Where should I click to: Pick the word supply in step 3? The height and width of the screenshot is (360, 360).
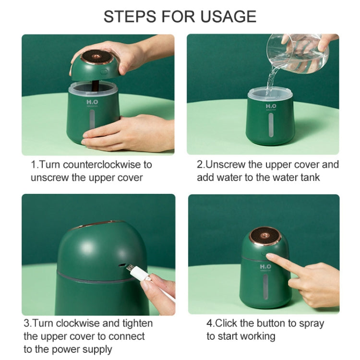point(95,349)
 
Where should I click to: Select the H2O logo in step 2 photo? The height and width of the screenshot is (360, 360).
point(271,106)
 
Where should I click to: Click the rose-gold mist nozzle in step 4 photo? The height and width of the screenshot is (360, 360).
point(264,237)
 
